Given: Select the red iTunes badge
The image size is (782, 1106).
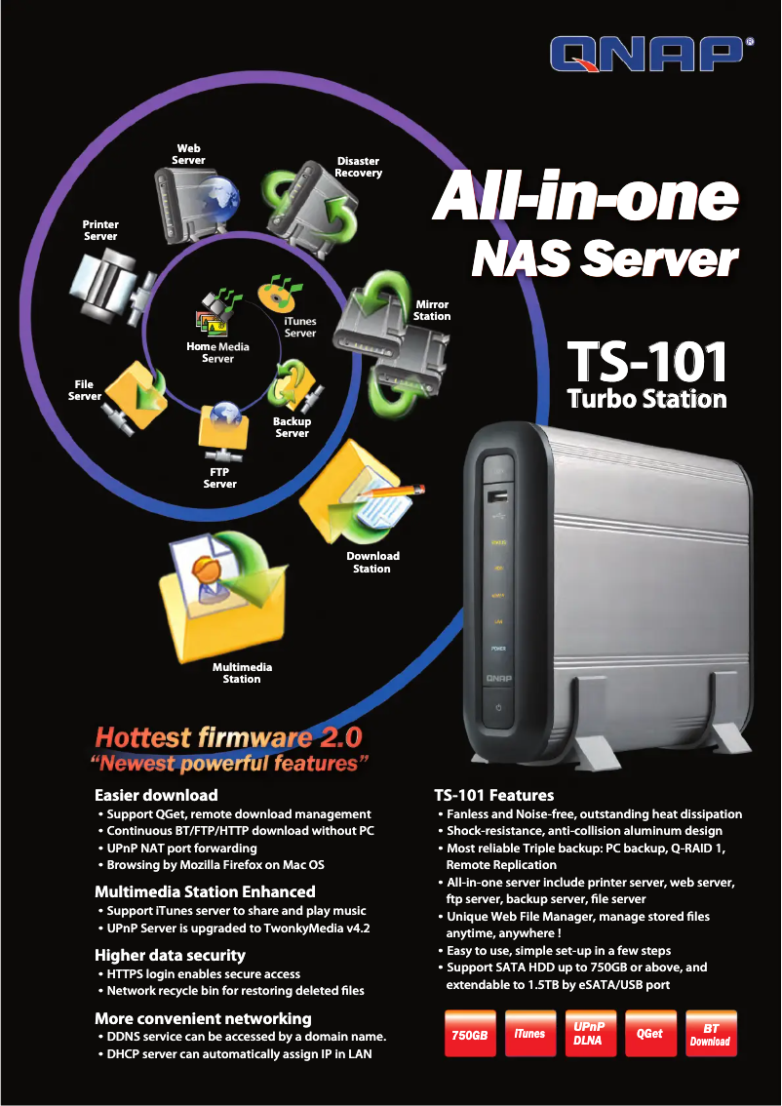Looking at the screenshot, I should [x=529, y=1034].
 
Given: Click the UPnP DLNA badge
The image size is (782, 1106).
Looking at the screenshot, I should [x=589, y=1034].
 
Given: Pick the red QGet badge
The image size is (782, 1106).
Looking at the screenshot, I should [x=649, y=1034].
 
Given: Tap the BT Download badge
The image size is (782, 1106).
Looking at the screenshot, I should [x=710, y=1034].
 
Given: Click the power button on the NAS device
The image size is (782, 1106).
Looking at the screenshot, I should [x=498, y=706].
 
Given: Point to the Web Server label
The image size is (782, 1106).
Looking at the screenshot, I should [x=189, y=154].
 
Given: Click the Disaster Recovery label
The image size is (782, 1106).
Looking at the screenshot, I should [x=358, y=167].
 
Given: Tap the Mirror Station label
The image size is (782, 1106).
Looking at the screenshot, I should [x=432, y=310].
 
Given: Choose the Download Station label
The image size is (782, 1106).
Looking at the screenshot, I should [x=372, y=562].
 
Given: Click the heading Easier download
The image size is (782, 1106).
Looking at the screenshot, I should [x=156, y=795].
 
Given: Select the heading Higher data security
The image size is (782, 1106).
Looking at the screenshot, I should [x=170, y=955].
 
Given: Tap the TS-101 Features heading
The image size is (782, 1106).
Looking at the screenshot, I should [x=493, y=795].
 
